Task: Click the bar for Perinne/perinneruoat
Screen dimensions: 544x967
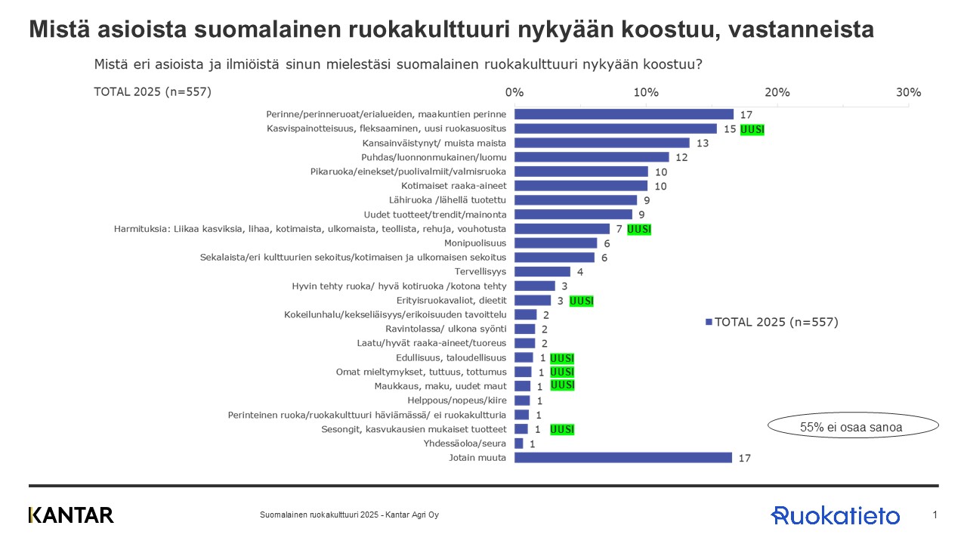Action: pyautogui.click(x=623, y=114)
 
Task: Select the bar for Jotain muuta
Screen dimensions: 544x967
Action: pyautogui.click(x=623, y=457)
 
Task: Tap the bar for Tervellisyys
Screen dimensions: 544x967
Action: pyautogui.click(x=542, y=271)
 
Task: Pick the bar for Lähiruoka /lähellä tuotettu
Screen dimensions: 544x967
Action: pyautogui.click(x=575, y=200)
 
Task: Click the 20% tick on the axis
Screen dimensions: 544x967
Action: pyautogui.click(x=777, y=92)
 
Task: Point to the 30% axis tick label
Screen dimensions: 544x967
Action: pyautogui.click(x=908, y=92)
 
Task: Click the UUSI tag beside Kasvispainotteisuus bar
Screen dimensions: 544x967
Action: pyautogui.click(x=752, y=129)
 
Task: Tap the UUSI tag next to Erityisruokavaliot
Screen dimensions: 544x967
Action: pyautogui.click(x=581, y=301)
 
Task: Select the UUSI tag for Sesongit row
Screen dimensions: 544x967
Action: pyautogui.click(x=563, y=429)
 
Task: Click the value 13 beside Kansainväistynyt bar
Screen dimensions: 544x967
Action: pyautogui.click(x=703, y=143)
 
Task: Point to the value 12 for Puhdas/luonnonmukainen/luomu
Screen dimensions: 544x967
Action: pyautogui.click(x=681, y=157)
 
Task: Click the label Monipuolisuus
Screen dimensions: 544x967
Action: pyautogui.click(x=475, y=243)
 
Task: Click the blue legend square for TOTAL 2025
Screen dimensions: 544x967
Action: pyautogui.click(x=709, y=322)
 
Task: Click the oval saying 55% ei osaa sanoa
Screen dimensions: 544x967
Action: pyautogui.click(x=851, y=427)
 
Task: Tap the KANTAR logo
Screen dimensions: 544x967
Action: pyautogui.click(x=71, y=515)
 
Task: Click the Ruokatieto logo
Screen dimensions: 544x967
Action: pyautogui.click(x=835, y=515)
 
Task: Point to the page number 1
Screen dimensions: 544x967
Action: pyautogui.click(x=935, y=515)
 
